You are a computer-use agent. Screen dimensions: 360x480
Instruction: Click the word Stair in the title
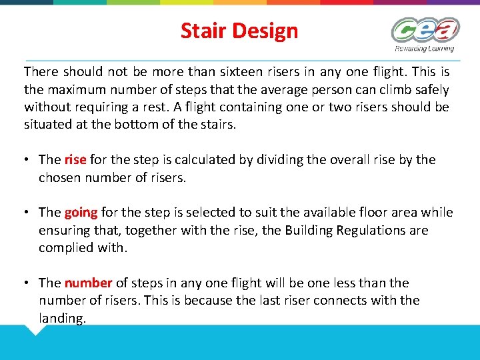[x=202, y=31]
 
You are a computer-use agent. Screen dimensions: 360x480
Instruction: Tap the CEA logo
[x=425, y=30]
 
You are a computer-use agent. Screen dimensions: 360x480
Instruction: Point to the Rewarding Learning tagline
[x=425, y=48]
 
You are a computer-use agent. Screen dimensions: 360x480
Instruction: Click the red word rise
[x=75, y=159]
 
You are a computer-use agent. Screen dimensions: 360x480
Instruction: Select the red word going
[x=81, y=213]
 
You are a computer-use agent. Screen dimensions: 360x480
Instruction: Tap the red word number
[x=89, y=283]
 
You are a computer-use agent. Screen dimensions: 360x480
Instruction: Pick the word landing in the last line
[x=62, y=318]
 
